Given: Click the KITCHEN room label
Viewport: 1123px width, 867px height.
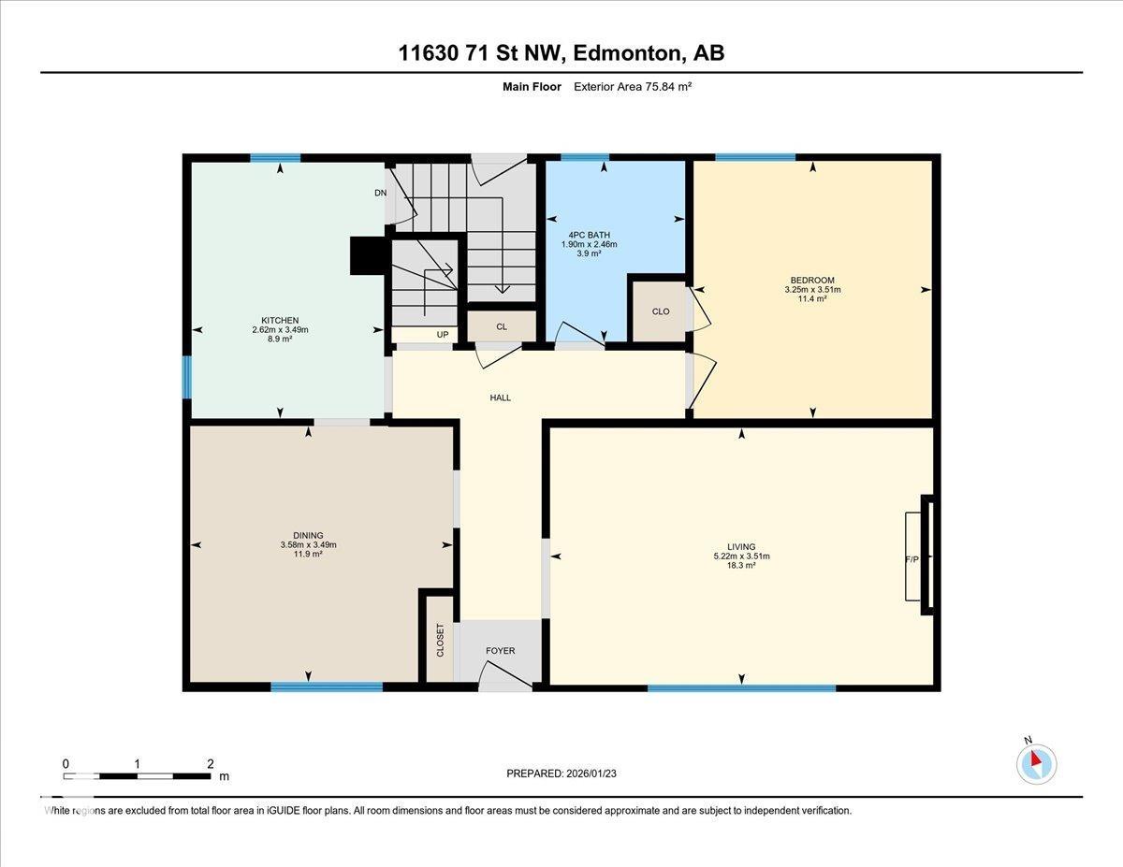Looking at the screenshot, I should click(281, 320).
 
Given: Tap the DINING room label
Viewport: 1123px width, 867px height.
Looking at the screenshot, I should click(308, 535).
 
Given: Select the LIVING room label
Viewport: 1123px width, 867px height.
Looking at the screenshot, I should click(741, 546).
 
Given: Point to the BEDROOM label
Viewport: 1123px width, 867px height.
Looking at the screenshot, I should click(812, 280).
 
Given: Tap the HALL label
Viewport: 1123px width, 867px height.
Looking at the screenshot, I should click(501, 397).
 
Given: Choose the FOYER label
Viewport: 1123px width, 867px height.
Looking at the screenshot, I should click(500, 651).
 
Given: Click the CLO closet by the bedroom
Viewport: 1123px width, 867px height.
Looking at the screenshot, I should click(661, 311).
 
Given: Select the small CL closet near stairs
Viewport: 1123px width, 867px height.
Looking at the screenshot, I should click(502, 326).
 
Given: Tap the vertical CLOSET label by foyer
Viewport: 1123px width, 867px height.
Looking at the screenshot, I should click(440, 641).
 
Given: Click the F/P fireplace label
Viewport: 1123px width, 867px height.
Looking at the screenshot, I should click(912, 559).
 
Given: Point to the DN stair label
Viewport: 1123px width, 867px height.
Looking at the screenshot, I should click(380, 193).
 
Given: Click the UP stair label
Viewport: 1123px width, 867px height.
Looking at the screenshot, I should click(443, 334).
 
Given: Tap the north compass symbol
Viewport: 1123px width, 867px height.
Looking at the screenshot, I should click(1036, 763).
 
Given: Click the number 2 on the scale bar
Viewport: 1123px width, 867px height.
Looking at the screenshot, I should click(210, 763).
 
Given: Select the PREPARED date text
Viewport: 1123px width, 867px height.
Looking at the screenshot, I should click(561, 773).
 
